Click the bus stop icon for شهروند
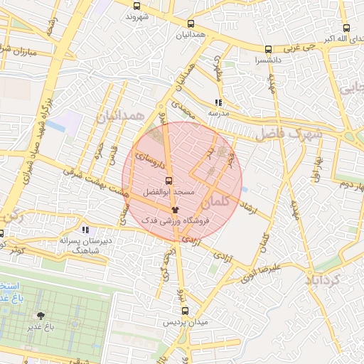[x=136, y=6]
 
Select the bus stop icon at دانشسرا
[x=268, y=50]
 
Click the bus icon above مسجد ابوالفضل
[x=168, y=181]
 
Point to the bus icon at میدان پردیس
[x=185, y=311]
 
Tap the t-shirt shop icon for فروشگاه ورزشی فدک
[x=176, y=210]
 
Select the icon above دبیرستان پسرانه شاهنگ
[x=85, y=230]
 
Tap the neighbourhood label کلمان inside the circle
[x=227, y=203]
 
